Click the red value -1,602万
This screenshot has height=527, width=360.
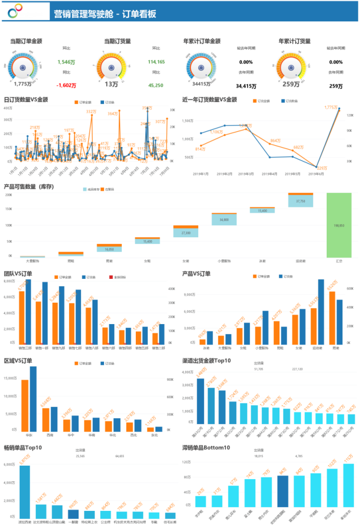click(66, 86)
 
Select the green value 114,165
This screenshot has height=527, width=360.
click(156, 62)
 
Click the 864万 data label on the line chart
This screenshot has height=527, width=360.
click(275, 140)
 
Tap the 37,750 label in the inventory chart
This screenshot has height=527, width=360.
click(301, 201)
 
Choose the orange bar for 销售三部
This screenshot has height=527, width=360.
click(22, 317)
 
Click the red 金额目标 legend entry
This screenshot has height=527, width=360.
click(120, 277)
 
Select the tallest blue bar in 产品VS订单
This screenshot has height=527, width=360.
click(321, 311)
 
